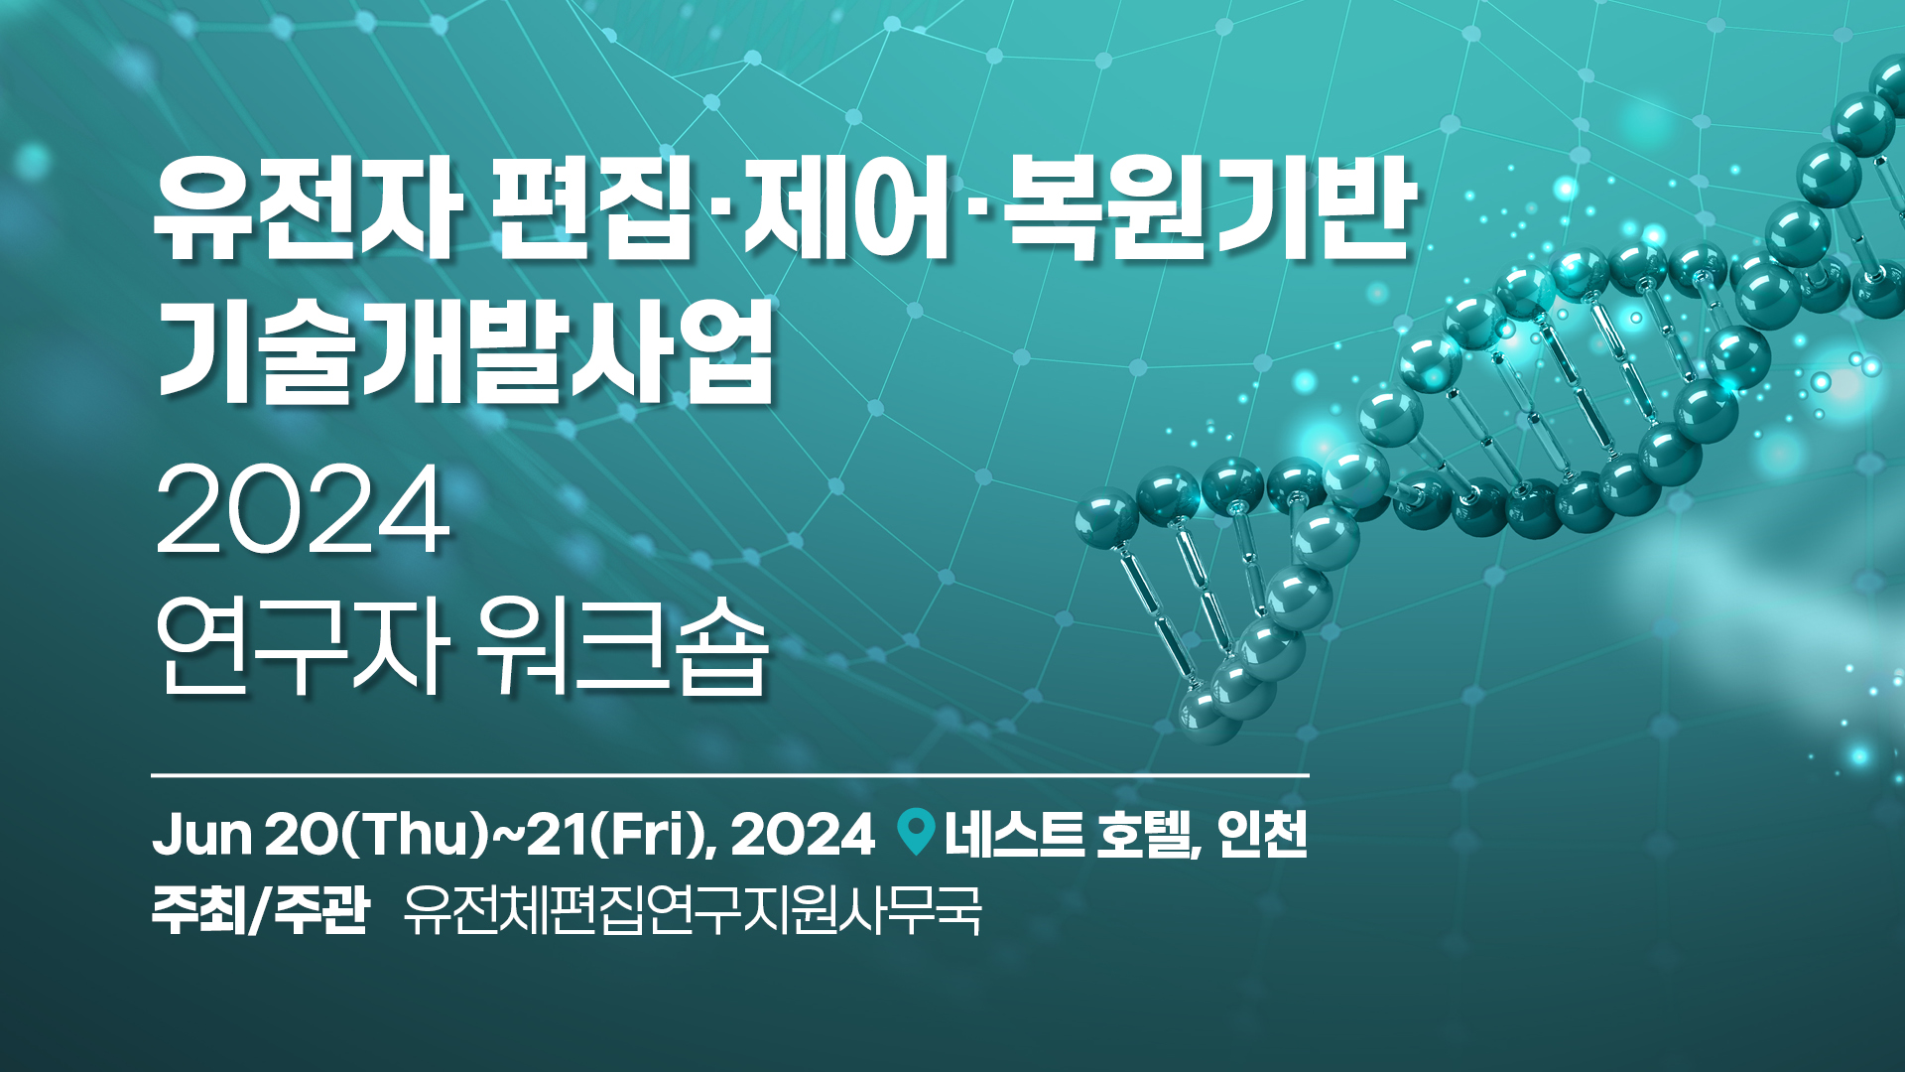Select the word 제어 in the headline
(847, 210)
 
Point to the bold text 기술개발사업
(465, 351)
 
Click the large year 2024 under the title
(303, 510)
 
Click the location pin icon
(916, 832)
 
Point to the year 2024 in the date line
(803, 834)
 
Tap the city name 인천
(1262, 834)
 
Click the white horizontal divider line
(730, 774)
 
